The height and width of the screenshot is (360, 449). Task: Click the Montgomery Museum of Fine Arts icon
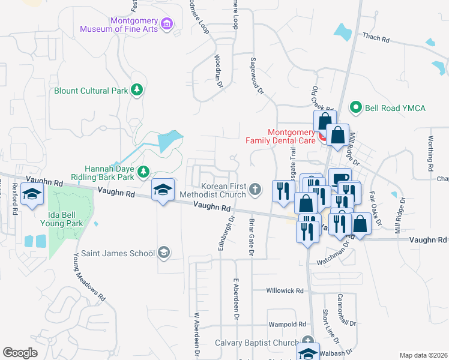click(167, 24)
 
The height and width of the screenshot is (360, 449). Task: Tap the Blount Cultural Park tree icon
click(137, 91)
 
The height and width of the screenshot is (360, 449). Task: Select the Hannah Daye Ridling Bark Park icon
click(143, 173)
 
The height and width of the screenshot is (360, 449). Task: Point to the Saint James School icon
click(163, 253)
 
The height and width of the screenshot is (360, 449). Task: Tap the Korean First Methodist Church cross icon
click(255, 190)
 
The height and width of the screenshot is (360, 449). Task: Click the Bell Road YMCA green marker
click(355, 107)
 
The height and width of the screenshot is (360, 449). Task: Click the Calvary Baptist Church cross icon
click(308, 340)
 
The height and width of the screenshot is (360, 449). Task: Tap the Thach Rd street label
click(376, 37)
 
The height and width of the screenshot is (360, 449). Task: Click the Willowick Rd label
click(286, 290)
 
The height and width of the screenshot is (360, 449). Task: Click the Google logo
click(20, 353)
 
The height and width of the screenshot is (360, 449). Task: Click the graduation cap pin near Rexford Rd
click(31, 194)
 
